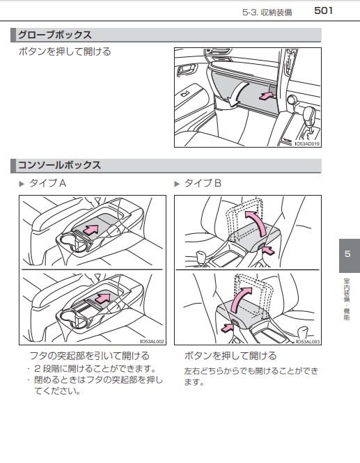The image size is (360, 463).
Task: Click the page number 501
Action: (x=323, y=10)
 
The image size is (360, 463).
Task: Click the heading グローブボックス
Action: (x=55, y=35)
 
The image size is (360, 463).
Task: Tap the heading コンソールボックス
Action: (x=59, y=165)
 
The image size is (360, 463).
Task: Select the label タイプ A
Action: (x=47, y=183)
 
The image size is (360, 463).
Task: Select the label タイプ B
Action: (x=203, y=183)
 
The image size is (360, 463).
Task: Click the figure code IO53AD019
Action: (x=308, y=144)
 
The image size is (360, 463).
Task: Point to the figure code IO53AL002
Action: (x=152, y=342)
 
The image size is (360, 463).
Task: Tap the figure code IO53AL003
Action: (x=308, y=342)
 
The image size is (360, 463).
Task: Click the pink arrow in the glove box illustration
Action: (x=267, y=96)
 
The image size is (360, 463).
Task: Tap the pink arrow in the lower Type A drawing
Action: (x=104, y=298)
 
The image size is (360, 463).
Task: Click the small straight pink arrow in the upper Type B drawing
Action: (x=268, y=251)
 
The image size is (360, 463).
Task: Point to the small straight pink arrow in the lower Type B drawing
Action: (x=227, y=327)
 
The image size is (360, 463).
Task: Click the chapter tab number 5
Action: (x=347, y=254)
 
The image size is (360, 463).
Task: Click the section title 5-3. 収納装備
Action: (x=267, y=13)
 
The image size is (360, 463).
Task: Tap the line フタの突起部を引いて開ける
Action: (x=90, y=356)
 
